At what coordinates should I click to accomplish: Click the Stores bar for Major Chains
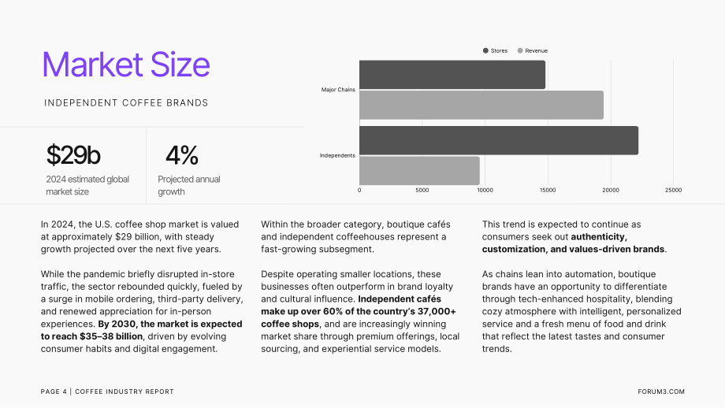tap(452, 74)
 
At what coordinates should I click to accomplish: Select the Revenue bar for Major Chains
tap(481, 105)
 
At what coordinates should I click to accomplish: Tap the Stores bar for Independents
tap(499, 140)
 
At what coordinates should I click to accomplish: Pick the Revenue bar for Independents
tap(419, 170)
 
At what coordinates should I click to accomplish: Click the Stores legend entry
tap(495, 51)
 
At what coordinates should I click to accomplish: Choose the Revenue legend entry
tap(532, 51)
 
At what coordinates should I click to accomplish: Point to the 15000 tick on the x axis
tap(548, 190)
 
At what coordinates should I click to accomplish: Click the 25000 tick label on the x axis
tap(673, 190)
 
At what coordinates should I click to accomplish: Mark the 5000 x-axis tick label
tap(422, 190)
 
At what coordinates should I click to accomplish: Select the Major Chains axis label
tap(338, 90)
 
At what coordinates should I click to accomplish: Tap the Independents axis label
tap(337, 156)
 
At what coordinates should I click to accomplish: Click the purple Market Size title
tap(126, 65)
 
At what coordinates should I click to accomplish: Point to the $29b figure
tap(73, 155)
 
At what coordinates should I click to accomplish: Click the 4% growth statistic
tap(182, 155)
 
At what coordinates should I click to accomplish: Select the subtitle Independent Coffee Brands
tap(126, 103)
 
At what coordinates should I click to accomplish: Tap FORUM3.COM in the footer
tap(661, 391)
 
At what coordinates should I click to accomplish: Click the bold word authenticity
tap(599, 236)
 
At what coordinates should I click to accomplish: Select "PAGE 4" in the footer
tap(54, 391)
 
